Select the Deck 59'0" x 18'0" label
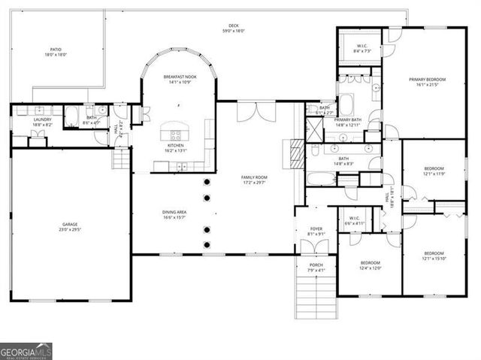point(234,29)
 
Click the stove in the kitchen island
point(176,135)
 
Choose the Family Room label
point(254,180)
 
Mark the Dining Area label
point(174,215)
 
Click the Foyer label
point(316,230)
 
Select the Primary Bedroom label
point(427,82)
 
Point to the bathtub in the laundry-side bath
point(73,116)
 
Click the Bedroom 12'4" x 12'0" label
point(370,265)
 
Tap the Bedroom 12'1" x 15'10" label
point(434,256)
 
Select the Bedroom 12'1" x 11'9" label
point(434,171)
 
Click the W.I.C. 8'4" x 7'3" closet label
point(361,48)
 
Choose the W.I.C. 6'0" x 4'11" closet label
point(354,221)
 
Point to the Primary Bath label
point(346,123)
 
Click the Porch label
point(316,268)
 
